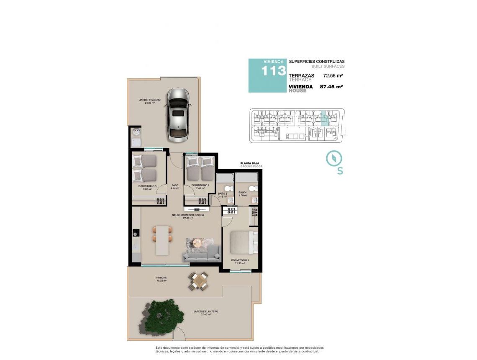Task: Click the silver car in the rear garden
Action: coord(177,115)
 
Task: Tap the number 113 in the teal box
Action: coord(274,71)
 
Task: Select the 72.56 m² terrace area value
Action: coord(333,76)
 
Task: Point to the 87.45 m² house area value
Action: coord(331,87)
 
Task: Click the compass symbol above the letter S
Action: coord(334,159)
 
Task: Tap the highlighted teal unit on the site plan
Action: coord(324,118)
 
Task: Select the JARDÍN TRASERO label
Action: coord(150,100)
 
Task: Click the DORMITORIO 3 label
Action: coord(147,186)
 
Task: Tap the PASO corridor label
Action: coord(175,186)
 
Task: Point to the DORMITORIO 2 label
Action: coord(200,185)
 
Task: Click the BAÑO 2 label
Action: coord(222,194)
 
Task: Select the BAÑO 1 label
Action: coord(243,193)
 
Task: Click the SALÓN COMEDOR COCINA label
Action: coord(188,215)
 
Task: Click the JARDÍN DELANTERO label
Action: coord(205,311)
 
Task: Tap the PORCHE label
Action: coord(162,278)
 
